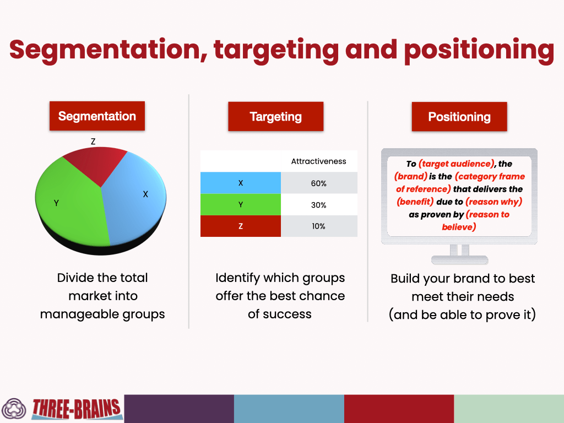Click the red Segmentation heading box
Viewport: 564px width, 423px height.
pos(97,116)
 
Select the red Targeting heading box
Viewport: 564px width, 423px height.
pos(275,117)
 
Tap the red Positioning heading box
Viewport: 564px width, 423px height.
pos(459,117)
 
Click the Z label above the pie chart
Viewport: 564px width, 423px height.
pos(93,142)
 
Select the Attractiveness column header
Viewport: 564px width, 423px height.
pos(318,161)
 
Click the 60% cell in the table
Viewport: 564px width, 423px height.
pos(318,183)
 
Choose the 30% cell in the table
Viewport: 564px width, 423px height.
pos(318,205)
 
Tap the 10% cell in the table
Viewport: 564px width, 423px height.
pos(318,226)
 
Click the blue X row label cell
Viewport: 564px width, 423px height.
pos(240,183)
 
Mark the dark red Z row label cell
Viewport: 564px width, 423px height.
pos(240,226)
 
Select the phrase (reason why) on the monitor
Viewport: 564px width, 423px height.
pos(493,202)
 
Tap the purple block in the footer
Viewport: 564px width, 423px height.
pos(179,409)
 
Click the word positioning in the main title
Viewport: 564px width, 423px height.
pos(479,50)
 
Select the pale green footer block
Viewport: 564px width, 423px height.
pos(508,409)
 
